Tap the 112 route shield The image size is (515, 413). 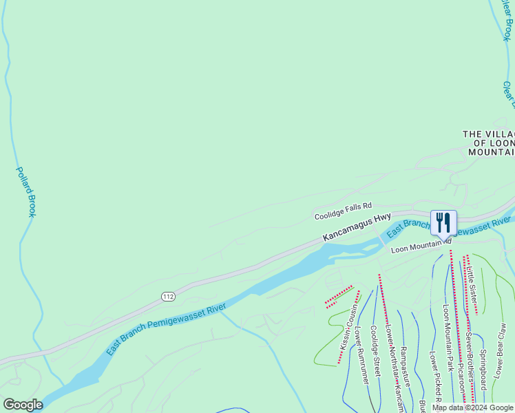click(x=168, y=296)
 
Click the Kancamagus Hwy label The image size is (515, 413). click(x=357, y=228)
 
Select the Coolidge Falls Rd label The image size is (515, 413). click(x=343, y=211)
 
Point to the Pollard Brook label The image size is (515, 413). click(x=26, y=191)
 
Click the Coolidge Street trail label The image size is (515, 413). click(x=375, y=350)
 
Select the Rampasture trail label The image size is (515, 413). click(x=405, y=366)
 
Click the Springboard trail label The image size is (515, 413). click(x=483, y=370)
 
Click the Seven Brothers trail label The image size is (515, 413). click(x=468, y=369)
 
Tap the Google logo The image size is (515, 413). click(x=23, y=405)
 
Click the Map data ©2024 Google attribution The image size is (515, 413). click(x=472, y=407)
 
